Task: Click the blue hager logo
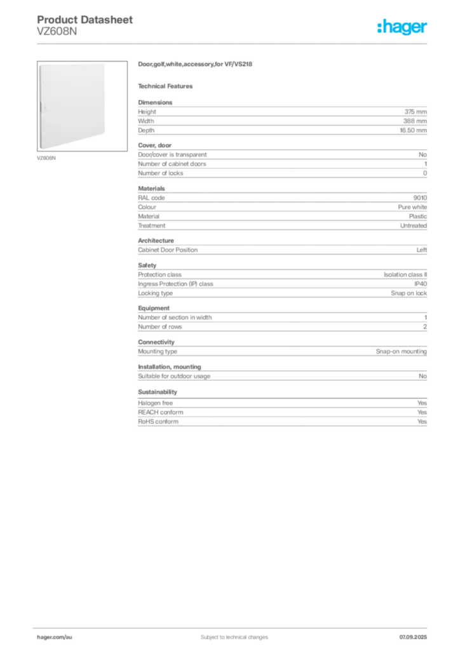tap(403, 28)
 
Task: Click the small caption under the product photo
tap(48, 158)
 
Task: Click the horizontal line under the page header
tap(234, 43)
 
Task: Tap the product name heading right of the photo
tap(196, 64)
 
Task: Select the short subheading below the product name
tap(168, 86)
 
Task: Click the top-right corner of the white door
tap(105, 63)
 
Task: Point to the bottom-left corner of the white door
tap(40, 150)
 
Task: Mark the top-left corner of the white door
tap(40, 63)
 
